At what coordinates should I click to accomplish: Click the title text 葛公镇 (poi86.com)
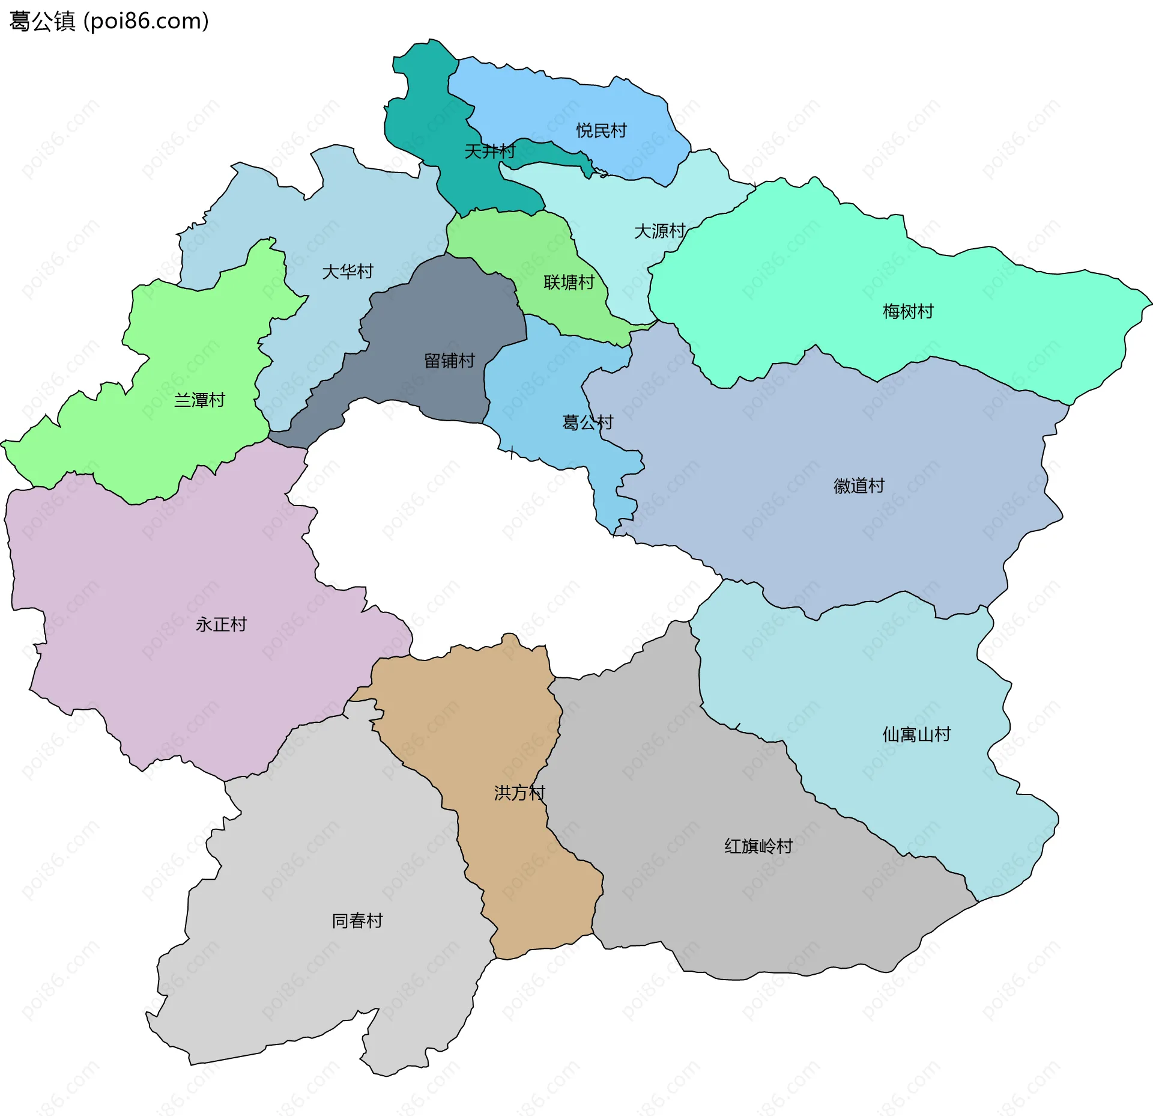pos(109,21)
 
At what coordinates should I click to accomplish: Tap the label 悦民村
pos(601,130)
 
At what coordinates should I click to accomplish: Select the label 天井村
pos(490,151)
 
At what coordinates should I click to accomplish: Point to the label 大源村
pos(659,231)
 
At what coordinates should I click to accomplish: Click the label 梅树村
pos(908,311)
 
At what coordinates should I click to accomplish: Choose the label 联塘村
pos(569,282)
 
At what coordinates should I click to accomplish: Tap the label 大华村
pos(348,272)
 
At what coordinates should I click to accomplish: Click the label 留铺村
pos(449,361)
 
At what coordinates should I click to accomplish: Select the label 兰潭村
pos(199,400)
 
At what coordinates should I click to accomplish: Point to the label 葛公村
pos(587,422)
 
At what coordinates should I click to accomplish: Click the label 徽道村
pos(859,486)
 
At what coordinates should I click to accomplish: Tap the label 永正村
pos(221,624)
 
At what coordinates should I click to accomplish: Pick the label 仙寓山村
pos(916,734)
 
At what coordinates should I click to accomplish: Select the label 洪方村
pos(519,793)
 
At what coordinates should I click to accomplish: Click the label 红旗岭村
pos(758,846)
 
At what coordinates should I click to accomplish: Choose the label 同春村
pos(357,921)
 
